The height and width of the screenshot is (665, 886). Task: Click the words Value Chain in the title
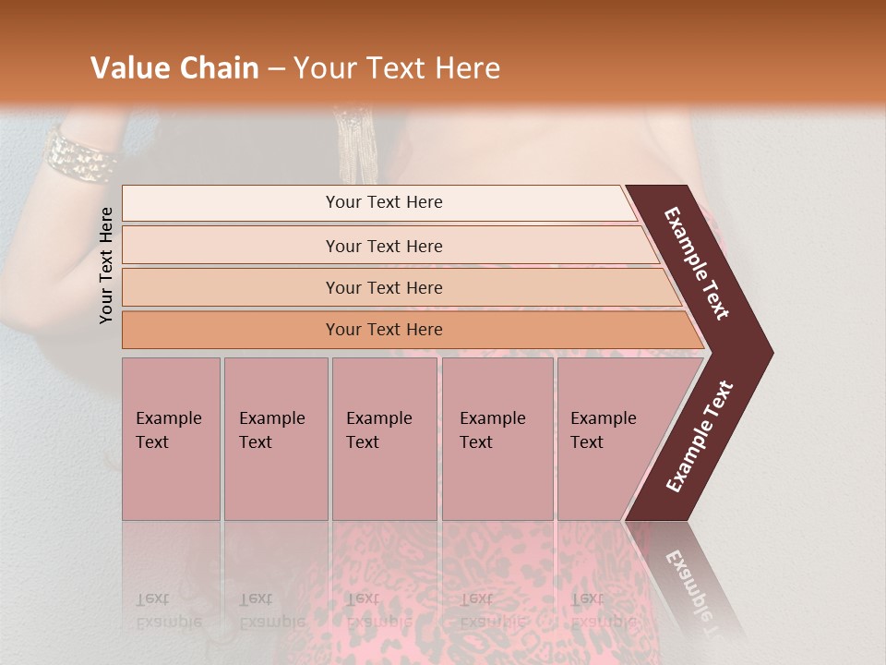coord(174,68)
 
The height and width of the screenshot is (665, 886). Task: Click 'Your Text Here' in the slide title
coord(397,68)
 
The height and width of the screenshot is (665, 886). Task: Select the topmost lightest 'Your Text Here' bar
coord(383,202)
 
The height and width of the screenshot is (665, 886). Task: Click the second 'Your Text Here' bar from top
coord(383,246)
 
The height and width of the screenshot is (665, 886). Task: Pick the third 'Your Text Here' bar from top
coord(383,287)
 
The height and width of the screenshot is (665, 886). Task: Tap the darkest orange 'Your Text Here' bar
coord(383,330)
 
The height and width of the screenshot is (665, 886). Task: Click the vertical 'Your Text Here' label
coord(107,265)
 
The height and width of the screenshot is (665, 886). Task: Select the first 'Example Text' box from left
coord(171,438)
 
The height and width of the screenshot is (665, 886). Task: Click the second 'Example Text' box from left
coord(275,438)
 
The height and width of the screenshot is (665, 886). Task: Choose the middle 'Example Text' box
coord(384,438)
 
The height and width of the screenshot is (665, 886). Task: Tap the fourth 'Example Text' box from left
coord(497,438)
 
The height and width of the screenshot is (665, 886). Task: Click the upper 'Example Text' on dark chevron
coord(697,263)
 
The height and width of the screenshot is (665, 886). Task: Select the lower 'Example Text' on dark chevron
coord(700,436)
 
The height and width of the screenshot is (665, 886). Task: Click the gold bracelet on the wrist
coord(80,155)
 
